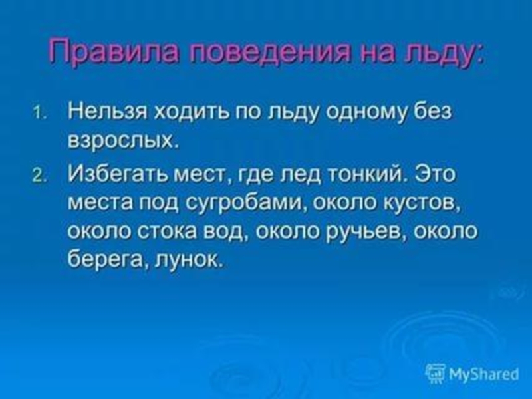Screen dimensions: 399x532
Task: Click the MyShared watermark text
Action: [482, 374]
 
